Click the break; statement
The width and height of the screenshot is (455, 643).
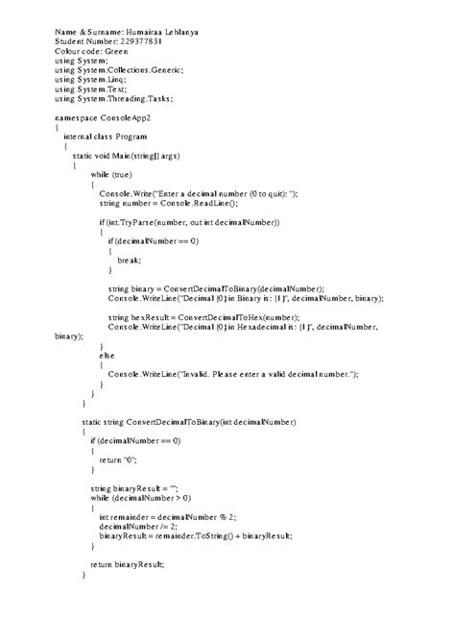click(x=129, y=260)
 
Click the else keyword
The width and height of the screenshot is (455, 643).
click(x=107, y=356)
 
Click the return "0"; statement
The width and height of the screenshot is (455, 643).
click(x=115, y=459)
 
